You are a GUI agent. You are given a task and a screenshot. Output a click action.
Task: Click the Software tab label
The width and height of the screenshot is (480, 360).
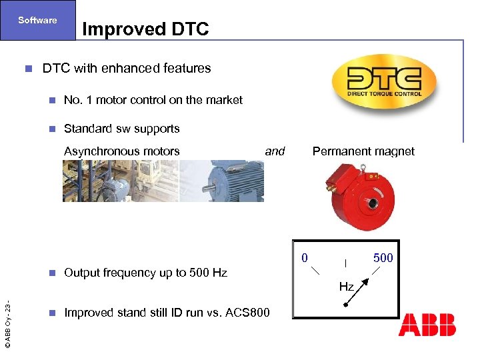coord(37,20)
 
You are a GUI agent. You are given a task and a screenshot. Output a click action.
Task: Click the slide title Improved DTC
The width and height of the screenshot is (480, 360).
coord(145,29)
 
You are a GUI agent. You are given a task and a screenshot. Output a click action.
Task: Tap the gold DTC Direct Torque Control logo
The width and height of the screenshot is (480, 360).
coord(384,81)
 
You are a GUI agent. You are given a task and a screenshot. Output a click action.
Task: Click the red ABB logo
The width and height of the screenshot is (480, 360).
coord(427,325)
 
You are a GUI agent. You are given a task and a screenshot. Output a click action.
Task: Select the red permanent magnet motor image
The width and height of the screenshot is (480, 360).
coord(358,196)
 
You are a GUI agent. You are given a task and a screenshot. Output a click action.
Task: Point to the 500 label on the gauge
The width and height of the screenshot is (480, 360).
coord(383,258)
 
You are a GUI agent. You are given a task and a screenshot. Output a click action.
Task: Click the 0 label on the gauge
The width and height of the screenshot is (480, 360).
coord(304,257)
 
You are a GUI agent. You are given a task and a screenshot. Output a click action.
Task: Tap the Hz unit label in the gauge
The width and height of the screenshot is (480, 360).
coord(346,287)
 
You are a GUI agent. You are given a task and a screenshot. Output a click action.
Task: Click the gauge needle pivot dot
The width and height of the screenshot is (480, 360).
coord(345,306)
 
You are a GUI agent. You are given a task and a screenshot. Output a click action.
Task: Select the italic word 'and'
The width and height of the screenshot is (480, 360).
coord(275,151)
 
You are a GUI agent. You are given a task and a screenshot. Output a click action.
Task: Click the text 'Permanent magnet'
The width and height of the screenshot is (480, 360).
coord(363,151)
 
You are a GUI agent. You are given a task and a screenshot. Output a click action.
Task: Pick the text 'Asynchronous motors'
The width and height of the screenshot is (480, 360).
coord(121,151)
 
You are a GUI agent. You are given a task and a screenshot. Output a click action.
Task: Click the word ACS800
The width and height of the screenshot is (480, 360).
coord(247,313)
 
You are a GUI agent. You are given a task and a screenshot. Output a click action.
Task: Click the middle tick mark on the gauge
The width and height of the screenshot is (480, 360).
coord(345,264)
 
